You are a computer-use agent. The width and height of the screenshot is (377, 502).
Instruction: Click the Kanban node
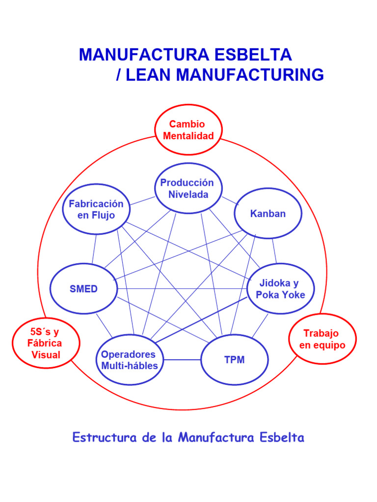coord(268,214)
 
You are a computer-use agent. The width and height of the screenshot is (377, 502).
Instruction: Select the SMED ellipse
coord(83,289)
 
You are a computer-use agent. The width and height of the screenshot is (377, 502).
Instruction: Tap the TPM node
coord(235,360)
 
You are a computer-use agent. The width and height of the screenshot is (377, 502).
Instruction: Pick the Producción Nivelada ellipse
coord(187,188)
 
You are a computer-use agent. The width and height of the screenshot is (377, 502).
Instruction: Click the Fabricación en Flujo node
coord(96,209)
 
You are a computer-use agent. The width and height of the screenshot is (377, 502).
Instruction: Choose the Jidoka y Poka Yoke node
coord(280,289)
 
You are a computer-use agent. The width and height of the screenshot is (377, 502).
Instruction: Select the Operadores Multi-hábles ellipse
coord(130,360)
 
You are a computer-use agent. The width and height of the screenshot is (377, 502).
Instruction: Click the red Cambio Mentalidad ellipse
coord(188,130)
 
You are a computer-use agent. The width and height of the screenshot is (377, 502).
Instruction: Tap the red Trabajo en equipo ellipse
coord(322,339)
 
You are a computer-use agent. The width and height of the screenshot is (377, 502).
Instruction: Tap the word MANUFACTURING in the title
coord(250,75)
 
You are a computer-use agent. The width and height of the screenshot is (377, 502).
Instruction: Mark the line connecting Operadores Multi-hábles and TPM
coord(182,360)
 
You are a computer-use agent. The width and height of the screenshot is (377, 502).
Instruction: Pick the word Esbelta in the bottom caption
coord(283,437)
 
